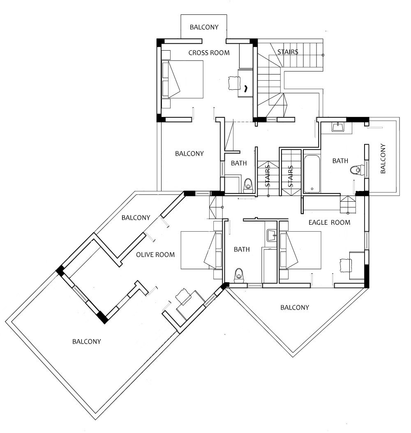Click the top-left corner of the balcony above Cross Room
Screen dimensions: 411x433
[181, 15]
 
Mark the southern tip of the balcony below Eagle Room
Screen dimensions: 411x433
[293, 356]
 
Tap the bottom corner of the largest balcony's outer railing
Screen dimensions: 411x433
[96, 419]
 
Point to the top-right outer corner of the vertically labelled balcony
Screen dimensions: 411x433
[399, 117]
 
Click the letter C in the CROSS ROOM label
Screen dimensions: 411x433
[191, 53]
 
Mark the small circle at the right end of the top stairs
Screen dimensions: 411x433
[323, 55]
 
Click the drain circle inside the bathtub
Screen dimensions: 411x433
[312, 189]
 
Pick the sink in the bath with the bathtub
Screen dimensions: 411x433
[338, 127]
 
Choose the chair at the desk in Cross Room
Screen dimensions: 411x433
[234, 83]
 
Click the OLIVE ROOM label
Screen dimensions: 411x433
[155, 255]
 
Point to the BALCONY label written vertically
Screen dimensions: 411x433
[383, 158]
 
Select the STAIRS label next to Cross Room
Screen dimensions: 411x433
[288, 52]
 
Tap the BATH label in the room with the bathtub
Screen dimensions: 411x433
[340, 161]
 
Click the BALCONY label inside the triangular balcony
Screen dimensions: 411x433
[295, 307]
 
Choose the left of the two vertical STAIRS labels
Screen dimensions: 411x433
[267, 176]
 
